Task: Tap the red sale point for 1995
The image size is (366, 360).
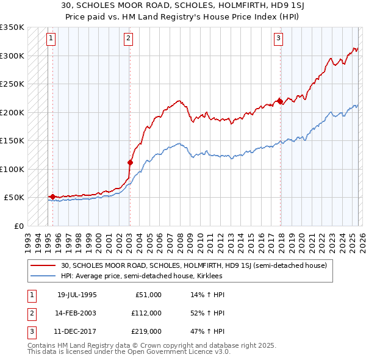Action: coord(53,197)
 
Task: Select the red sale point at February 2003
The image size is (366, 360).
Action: coord(130,162)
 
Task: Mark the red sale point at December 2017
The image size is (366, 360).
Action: coord(279,101)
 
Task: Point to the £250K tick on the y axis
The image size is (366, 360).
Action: coord(12,84)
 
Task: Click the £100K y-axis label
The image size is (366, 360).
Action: coord(12,169)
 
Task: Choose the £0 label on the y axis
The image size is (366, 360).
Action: coord(18,226)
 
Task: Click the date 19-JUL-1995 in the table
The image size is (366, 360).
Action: coord(77,295)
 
